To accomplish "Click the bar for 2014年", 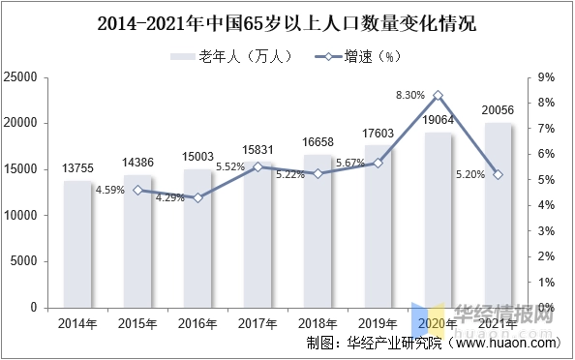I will [77, 244].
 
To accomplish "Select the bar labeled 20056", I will [499, 215].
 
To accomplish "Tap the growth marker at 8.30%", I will [439, 96].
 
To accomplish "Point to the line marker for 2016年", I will [197, 197].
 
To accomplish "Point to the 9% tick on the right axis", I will [545, 77].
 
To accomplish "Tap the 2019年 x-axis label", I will [378, 322].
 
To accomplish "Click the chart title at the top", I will [287, 21].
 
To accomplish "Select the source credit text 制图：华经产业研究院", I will [374, 342].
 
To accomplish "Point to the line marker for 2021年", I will [499, 174].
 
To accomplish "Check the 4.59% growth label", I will [109, 190].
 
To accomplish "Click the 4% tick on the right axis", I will [545, 205].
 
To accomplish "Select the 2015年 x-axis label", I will [137, 322].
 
